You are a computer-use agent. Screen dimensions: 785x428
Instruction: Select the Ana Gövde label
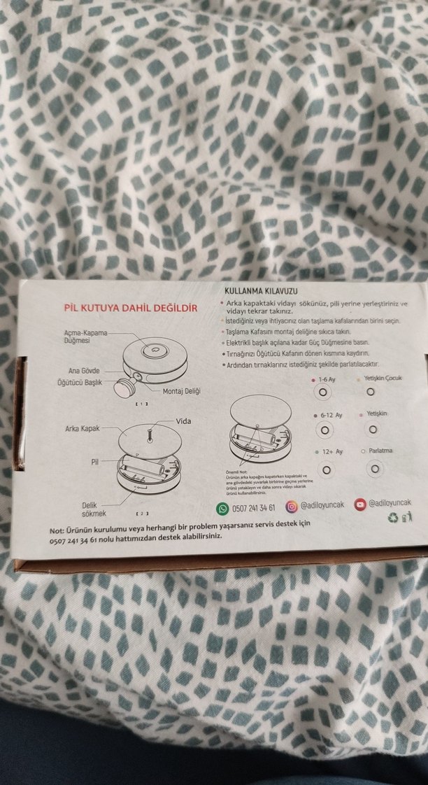tap(85, 370)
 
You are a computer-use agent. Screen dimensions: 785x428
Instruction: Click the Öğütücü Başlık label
tap(80, 383)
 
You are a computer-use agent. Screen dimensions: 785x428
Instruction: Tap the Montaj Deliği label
tap(181, 391)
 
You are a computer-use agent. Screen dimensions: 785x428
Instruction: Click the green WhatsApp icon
tap(222, 507)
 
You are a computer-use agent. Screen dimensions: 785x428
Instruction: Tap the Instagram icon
tap(292, 507)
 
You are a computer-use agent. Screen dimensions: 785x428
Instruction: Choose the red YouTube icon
tap(359, 504)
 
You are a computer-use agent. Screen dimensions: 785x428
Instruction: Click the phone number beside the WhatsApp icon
tap(255, 508)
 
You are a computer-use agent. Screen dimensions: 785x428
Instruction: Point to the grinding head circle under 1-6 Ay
tap(323, 393)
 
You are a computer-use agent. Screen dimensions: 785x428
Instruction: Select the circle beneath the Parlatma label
tap(376, 468)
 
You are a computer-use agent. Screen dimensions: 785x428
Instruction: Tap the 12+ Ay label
tap(331, 452)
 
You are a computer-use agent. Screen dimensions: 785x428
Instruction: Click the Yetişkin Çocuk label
tap(382, 379)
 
